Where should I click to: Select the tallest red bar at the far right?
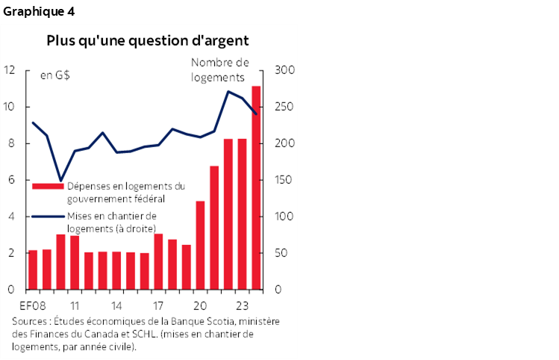(256, 187)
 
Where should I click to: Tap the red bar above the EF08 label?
(32, 270)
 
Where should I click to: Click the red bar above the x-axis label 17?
(158, 261)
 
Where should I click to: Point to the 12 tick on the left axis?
(10, 70)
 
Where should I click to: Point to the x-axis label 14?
(116, 305)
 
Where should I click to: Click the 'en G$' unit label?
(54, 75)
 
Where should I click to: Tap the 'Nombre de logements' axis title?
(220, 69)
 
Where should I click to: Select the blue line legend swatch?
(40, 217)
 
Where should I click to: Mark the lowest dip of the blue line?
(60, 180)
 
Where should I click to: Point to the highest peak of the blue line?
(228, 91)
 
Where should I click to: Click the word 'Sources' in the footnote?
(28, 322)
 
